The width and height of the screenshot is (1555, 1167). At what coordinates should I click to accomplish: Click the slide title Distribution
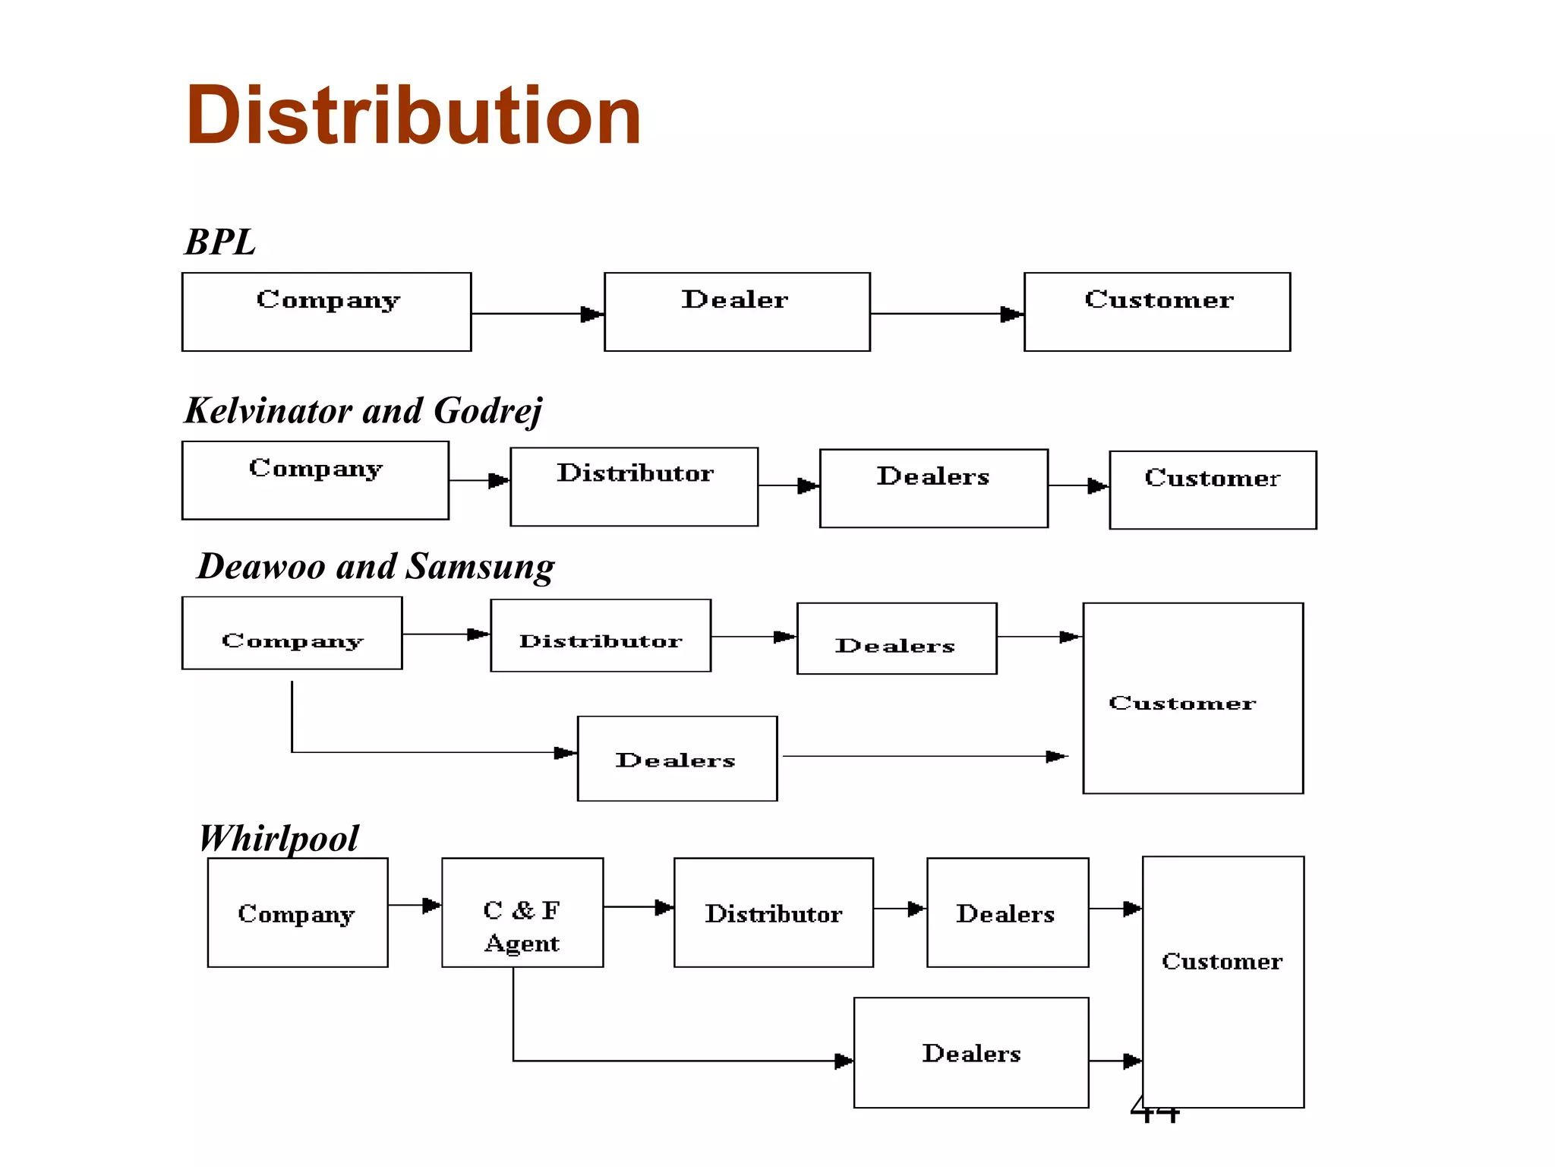[x=414, y=115]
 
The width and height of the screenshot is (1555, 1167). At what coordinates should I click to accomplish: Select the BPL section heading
[x=219, y=242]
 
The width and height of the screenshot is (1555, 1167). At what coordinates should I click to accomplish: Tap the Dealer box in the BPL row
[x=736, y=312]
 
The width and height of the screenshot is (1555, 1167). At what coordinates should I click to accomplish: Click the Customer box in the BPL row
[x=1156, y=312]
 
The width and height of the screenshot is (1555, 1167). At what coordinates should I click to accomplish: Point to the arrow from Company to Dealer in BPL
[x=536, y=314]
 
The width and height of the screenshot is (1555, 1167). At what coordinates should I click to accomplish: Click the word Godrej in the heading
[x=487, y=411]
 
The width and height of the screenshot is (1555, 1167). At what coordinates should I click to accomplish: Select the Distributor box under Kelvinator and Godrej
[x=634, y=486]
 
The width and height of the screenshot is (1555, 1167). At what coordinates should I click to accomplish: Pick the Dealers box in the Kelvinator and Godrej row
[x=933, y=488]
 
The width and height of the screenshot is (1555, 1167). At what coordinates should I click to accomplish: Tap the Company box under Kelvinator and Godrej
[x=315, y=480]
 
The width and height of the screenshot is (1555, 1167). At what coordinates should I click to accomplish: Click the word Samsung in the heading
[x=480, y=567]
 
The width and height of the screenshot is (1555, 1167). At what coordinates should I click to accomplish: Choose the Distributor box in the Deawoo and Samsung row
[x=601, y=636]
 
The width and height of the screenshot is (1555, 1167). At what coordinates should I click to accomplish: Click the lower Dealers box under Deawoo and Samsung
[x=677, y=758]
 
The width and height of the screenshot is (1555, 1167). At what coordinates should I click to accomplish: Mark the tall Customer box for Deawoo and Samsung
[x=1192, y=698]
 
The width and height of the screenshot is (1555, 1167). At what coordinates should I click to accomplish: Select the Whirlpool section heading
[x=279, y=839]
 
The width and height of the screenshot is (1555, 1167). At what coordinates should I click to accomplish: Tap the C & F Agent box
[x=522, y=912]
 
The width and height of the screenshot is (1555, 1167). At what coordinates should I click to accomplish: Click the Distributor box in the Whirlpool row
[x=773, y=912]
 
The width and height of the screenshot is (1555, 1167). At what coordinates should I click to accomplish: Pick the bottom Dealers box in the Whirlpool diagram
[x=970, y=1052]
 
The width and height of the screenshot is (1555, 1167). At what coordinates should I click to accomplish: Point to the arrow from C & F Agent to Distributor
[x=638, y=906]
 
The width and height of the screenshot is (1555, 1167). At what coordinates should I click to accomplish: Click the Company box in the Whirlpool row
[x=297, y=912]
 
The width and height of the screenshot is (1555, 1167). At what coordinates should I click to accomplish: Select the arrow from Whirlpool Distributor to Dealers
[x=899, y=908]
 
